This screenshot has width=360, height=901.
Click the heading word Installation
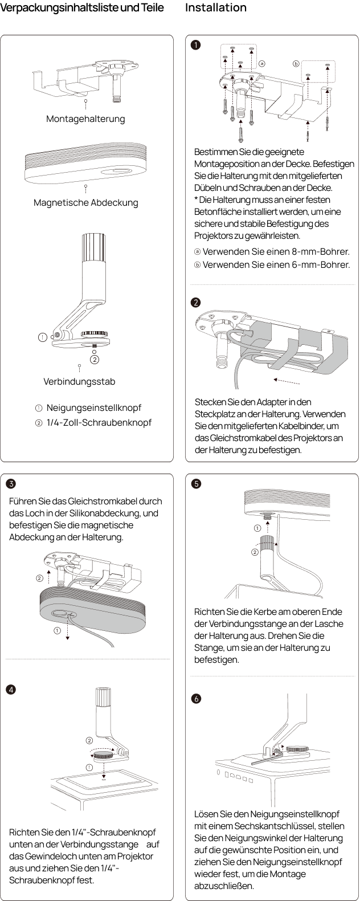click(x=215, y=7)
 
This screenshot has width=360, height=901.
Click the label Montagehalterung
click(x=85, y=119)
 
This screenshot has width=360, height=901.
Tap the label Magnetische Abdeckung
click(x=85, y=202)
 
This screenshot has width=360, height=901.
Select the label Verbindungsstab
click(x=79, y=381)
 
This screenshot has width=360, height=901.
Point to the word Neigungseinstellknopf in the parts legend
click(x=94, y=407)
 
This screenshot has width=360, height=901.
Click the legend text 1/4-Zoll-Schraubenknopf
click(x=99, y=422)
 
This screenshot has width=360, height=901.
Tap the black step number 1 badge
click(x=195, y=44)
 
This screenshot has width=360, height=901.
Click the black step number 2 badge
click(x=195, y=303)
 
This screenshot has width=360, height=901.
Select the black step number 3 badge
click(x=11, y=483)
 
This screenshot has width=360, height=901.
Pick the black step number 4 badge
click(x=11, y=690)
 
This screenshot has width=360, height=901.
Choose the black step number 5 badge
click(x=196, y=483)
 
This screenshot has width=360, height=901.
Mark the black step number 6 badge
click(x=196, y=699)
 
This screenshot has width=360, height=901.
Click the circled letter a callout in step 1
click(x=262, y=64)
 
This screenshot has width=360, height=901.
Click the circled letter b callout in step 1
click(x=296, y=64)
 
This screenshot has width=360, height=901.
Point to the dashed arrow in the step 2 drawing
click(x=287, y=381)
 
